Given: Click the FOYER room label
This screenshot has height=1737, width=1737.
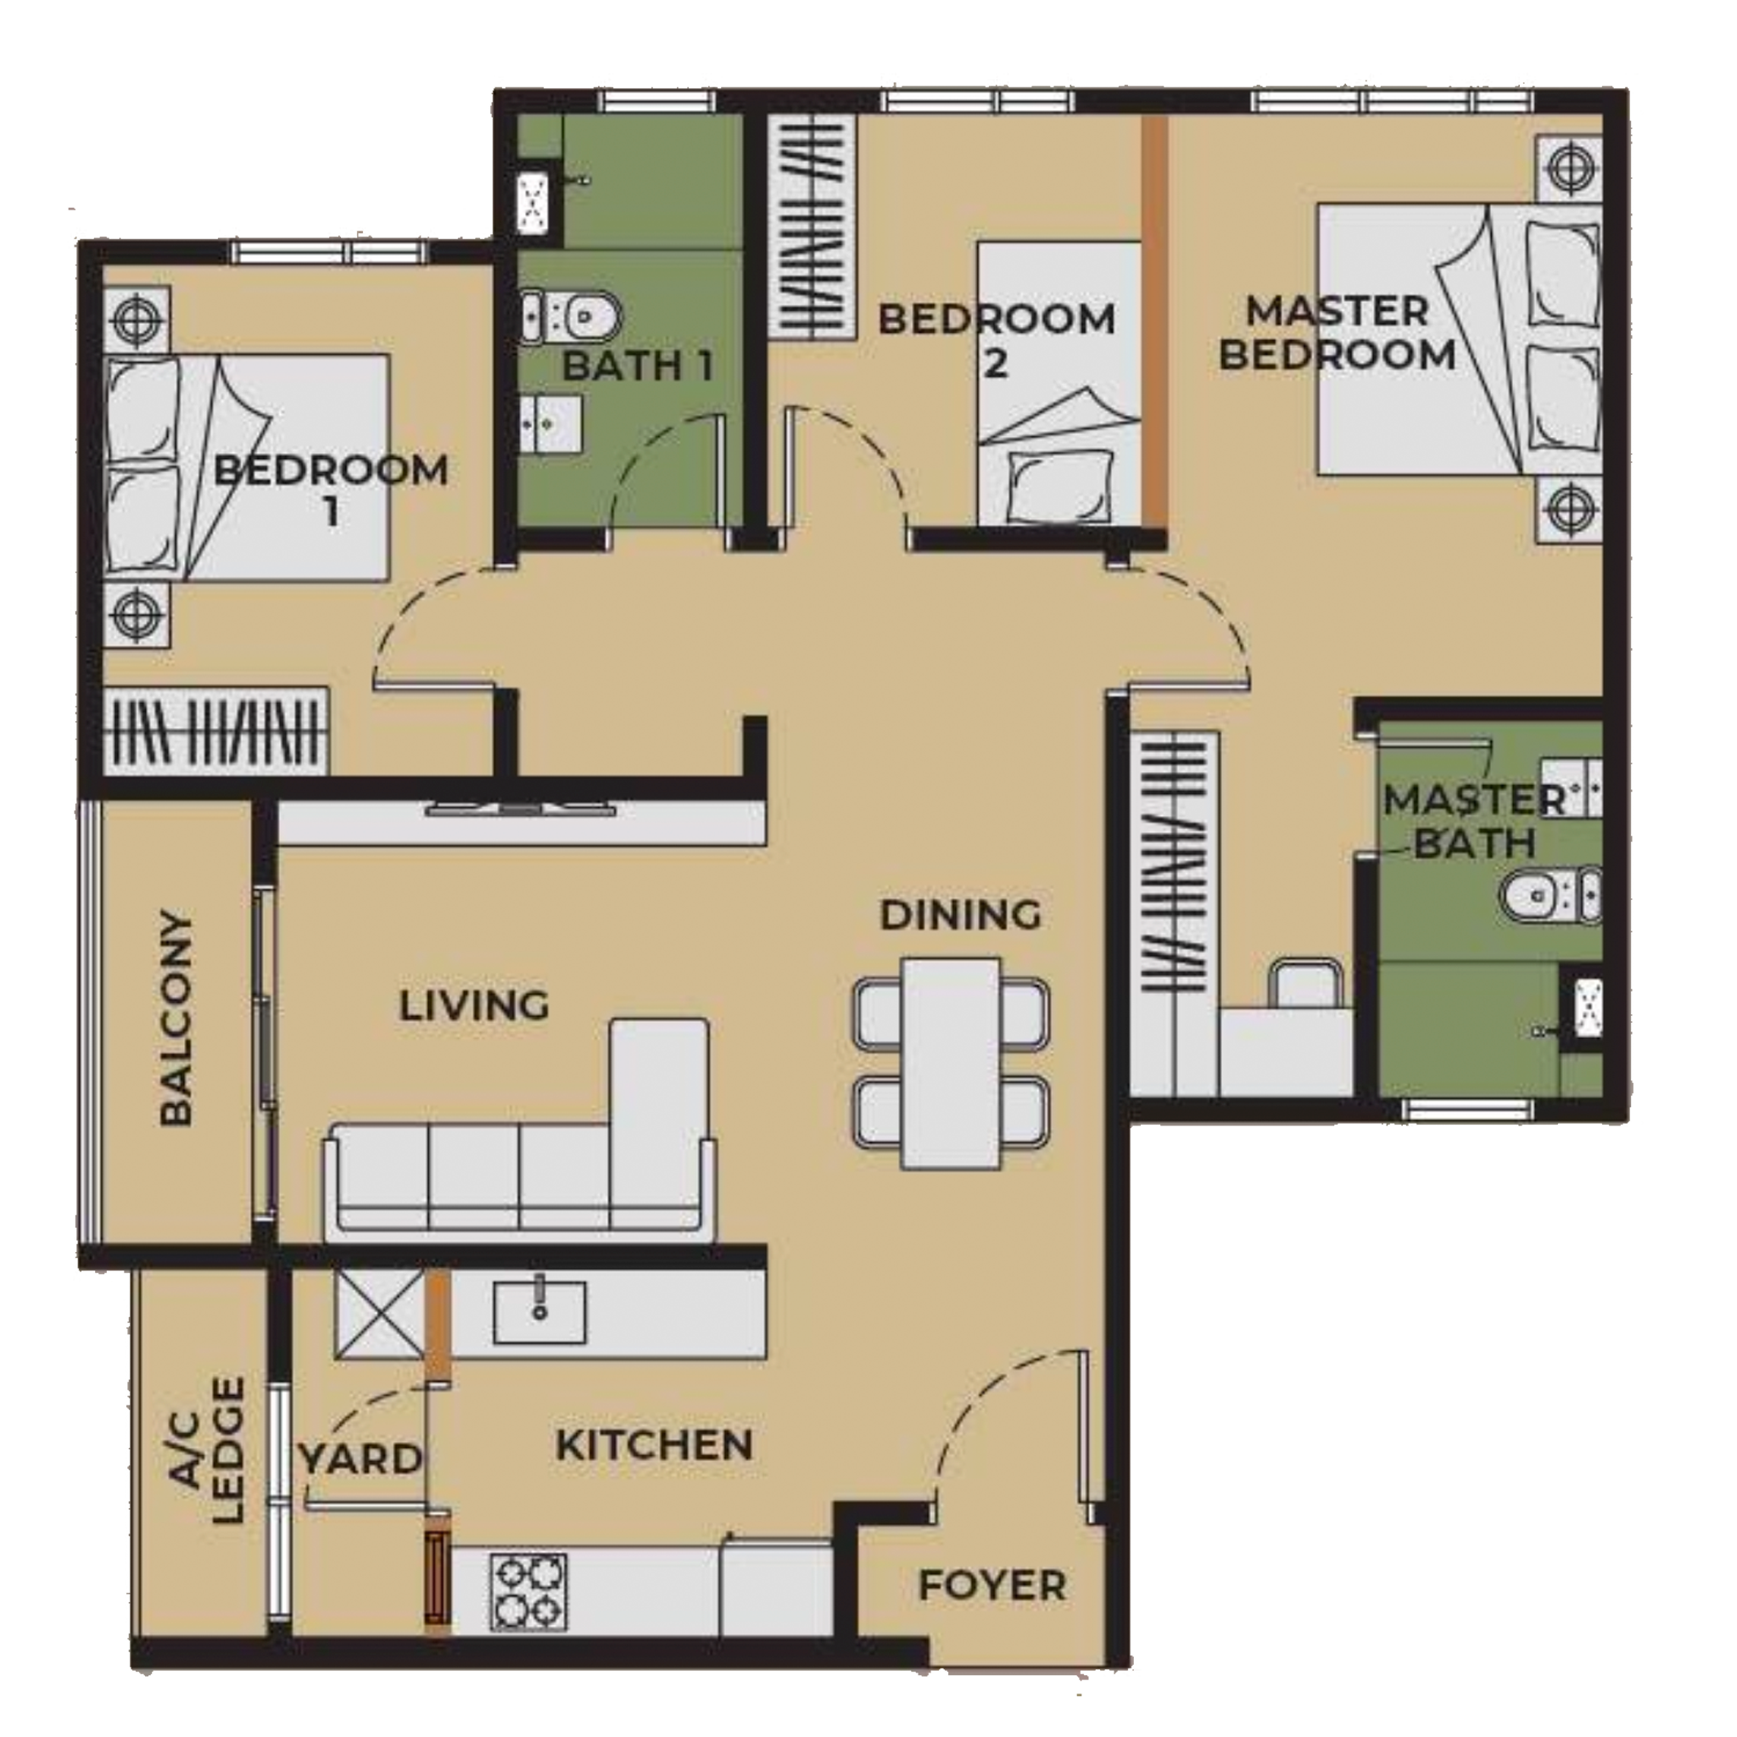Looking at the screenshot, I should click(x=991, y=1585).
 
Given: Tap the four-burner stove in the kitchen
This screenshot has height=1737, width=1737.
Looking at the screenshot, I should click(x=528, y=1593).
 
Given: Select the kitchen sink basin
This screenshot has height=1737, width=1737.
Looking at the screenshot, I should click(x=539, y=1313).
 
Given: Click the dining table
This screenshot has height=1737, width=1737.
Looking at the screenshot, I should click(x=952, y=1064).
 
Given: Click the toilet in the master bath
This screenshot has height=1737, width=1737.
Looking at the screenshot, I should click(x=1550, y=896).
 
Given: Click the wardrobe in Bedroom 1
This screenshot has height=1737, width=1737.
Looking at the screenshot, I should click(x=215, y=730).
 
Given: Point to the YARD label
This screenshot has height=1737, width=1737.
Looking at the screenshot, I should click(x=361, y=1458).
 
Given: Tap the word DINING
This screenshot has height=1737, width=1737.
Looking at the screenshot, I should click(x=960, y=915).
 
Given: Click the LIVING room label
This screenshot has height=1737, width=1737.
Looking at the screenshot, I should click(x=474, y=1005).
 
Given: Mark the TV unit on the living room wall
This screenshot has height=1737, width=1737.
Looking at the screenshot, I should click(x=522, y=810).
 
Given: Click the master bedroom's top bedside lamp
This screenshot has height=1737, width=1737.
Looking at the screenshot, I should click(x=1570, y=168).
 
